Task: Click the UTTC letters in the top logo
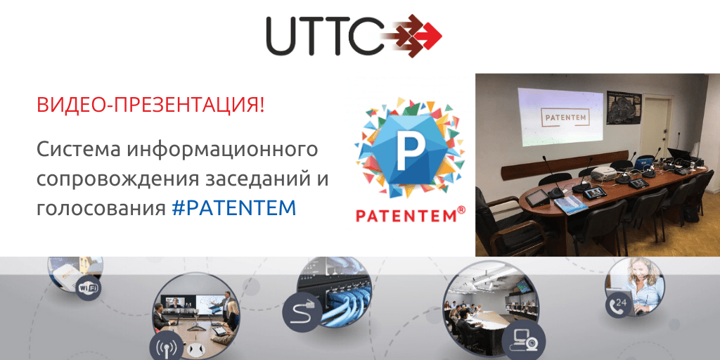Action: point(324,35)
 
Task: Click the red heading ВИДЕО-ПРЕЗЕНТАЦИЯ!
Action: point(150,105)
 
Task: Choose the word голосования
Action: point(101,209)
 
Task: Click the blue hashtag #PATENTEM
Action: point(233,208)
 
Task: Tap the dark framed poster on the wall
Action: point(622,107)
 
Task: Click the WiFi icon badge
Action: point(89,288)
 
